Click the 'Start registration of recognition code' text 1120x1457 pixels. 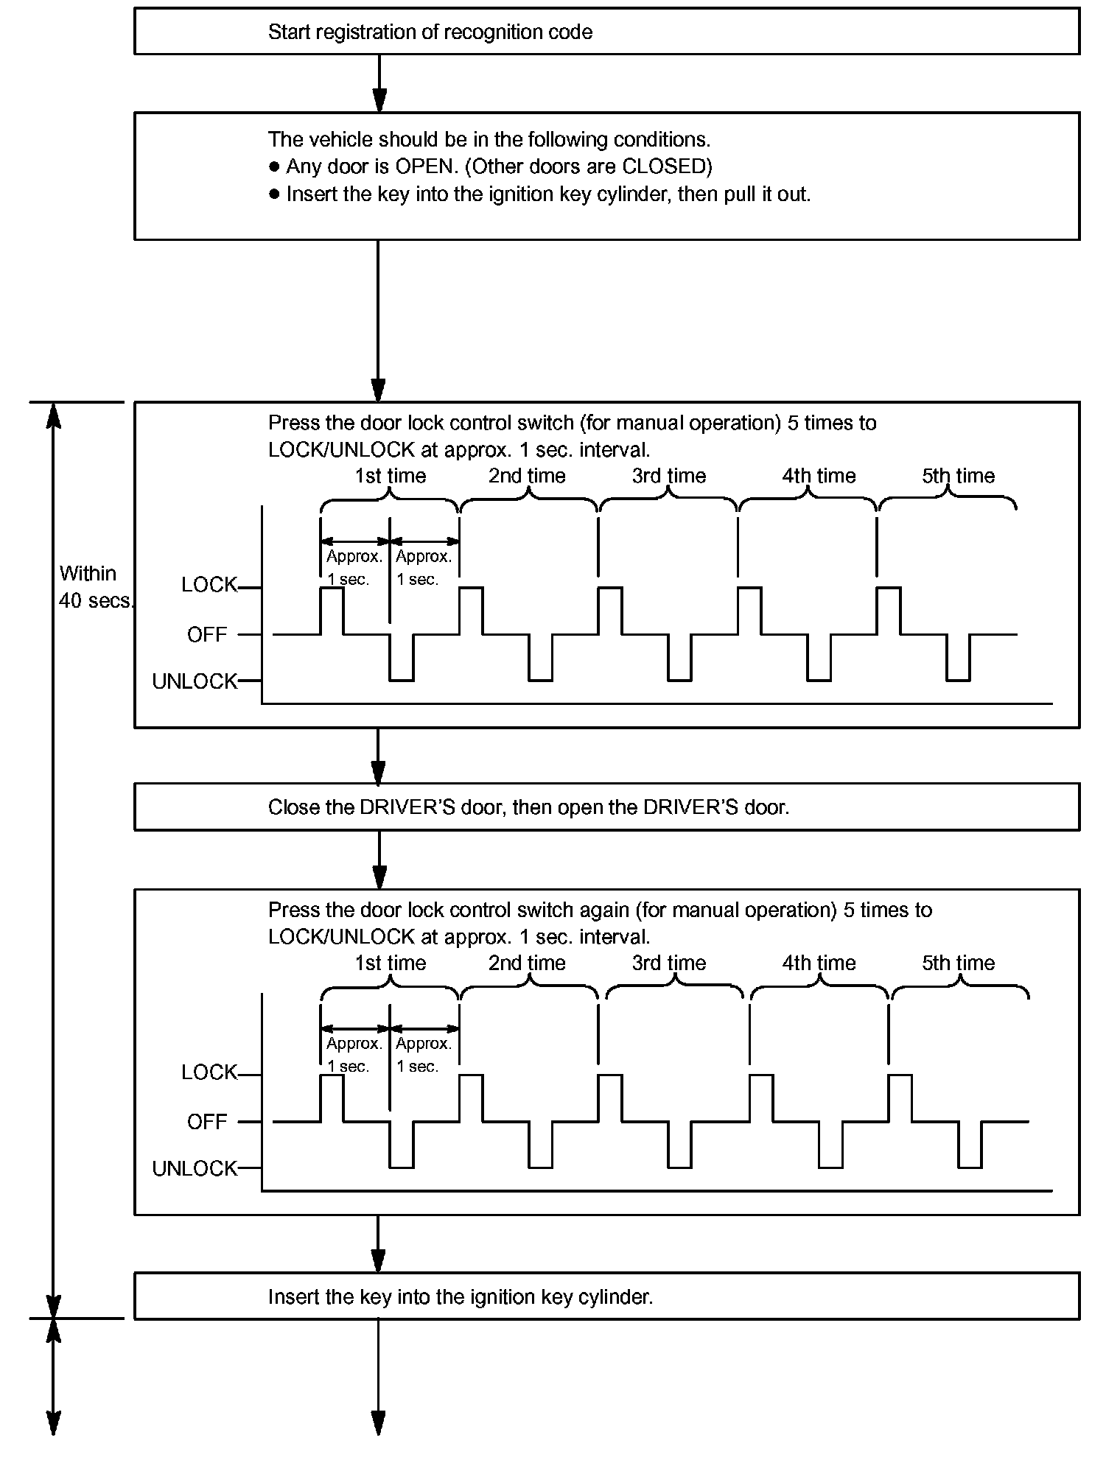tap(430, 32)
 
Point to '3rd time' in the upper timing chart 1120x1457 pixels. tap(668, 476)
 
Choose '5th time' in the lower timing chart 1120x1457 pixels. tap(958, 963)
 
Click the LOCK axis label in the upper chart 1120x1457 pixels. tap(209, 585)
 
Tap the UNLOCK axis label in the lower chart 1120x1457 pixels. tap(195, 1168)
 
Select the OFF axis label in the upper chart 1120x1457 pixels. tap(207, 634)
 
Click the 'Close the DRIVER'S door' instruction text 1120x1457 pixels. tap(528, 807)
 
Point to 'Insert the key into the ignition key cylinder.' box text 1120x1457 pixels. tap(461, 1297)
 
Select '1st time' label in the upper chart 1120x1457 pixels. tap(390, 476)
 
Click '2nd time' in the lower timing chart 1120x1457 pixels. tap(527, 963)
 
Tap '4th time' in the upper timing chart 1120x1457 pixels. tap(819, 476)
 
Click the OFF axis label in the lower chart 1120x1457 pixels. tap(207, 1122)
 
